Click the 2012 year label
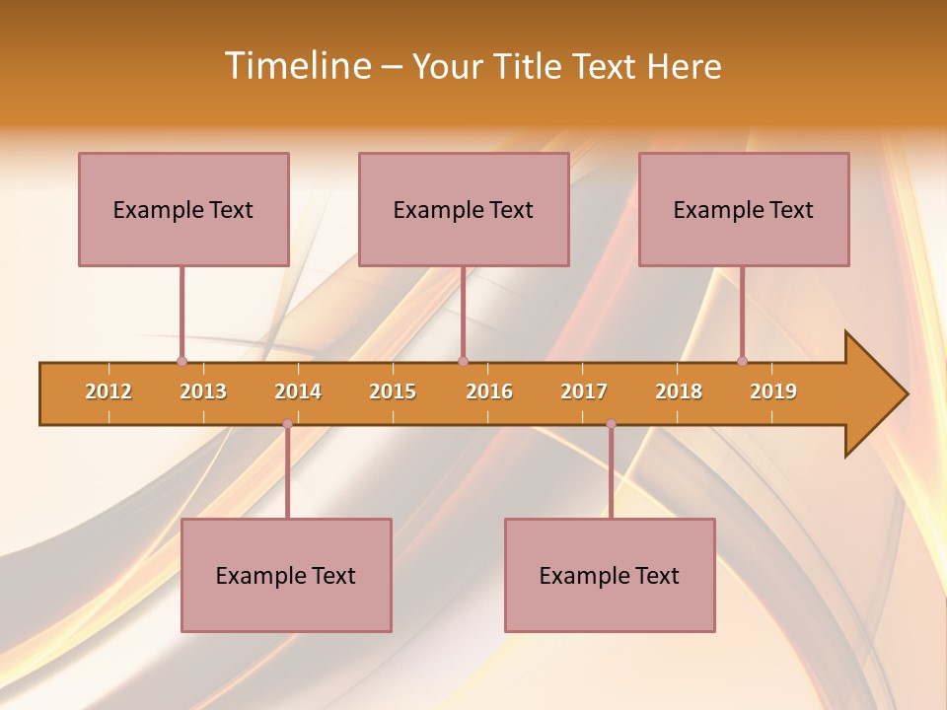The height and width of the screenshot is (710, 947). (x=109, y=391)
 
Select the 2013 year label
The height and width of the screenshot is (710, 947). (x=203, y=391)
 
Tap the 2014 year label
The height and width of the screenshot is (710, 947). (x=298, y=391)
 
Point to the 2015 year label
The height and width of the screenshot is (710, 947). (x=393, y=391)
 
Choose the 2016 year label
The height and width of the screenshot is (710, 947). (x=489, y=391)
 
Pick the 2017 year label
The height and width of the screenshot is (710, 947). (x=584, y=391)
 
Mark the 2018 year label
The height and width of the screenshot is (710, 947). (x=679, y=391)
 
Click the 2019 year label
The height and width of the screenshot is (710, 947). (x=773, y=391)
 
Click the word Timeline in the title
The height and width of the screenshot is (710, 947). (x=297, y=66)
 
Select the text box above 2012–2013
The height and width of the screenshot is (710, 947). (x=183, y=209)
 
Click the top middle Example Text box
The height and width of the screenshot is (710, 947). (x=464, y=209)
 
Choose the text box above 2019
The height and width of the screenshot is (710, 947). (x=744, y=209)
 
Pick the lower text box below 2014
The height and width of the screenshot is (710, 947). (x=286, y=575)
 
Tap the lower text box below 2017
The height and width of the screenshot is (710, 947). (x=610, y=575)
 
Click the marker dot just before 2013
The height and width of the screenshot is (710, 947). (x=182, y=361)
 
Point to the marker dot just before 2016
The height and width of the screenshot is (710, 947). (x=463, y=361)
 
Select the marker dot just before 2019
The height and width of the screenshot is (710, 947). (x=742, y=361)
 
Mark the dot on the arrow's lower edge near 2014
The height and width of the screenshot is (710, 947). (x=287, y=424)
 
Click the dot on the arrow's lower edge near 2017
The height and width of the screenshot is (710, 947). (x=611, y=424)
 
